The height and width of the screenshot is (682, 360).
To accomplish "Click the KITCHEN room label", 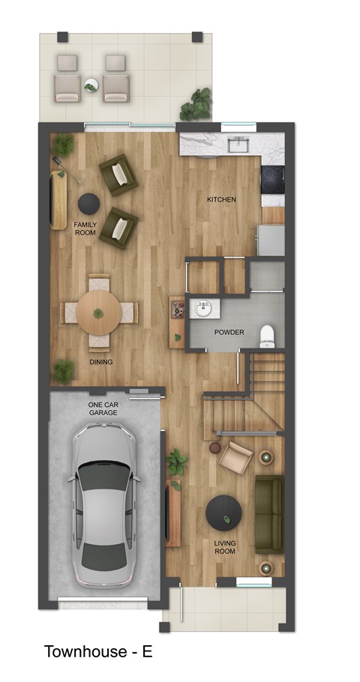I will [x=222, y=199].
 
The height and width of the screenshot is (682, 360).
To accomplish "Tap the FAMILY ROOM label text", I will [x=85, y=229].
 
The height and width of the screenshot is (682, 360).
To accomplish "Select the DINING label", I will [x=101, y=362].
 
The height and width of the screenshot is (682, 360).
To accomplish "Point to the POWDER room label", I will [x=229, y=332].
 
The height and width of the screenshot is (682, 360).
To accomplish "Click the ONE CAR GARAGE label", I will [x=103, y=408].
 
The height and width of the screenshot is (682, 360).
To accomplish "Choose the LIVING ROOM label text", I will [x=224, y=546].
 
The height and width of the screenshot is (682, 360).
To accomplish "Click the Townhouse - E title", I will [x=98, y=651].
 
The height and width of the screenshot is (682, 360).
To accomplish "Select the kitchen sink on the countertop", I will [x=239, y=145].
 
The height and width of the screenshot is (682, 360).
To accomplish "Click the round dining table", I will [x=99, y=313].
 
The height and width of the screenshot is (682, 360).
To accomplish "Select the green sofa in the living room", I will [x=268, y=513].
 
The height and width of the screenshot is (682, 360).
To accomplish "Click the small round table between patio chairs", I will [x=91, y=86].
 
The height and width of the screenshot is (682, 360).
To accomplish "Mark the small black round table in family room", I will [x=89, y=202].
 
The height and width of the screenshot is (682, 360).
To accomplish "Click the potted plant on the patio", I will [x=198, y=103].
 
